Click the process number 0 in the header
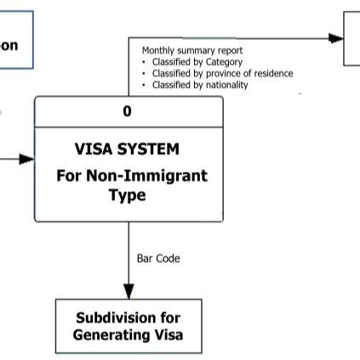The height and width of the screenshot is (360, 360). tap(128, 111)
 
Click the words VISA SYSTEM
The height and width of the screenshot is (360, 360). tap(128, 149)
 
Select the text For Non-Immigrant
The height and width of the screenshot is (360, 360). tap(132, 176)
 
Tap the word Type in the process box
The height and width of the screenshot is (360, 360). tap(128, 195)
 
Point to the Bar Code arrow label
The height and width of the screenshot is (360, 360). tap(158, 257)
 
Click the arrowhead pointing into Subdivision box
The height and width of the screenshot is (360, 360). tap(129, 292)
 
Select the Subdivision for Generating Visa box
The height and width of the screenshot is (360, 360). tap(129, 326)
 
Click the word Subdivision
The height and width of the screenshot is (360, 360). tap(129, 318)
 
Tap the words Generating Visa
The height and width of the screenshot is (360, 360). tap(128, 334)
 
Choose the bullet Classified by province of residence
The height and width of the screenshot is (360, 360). tap(221, 74)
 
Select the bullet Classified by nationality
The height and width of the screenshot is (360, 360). tap(199, 85)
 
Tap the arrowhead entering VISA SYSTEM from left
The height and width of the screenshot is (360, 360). tap(27, 158)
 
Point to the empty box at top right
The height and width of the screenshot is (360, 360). tap(351, 37)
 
